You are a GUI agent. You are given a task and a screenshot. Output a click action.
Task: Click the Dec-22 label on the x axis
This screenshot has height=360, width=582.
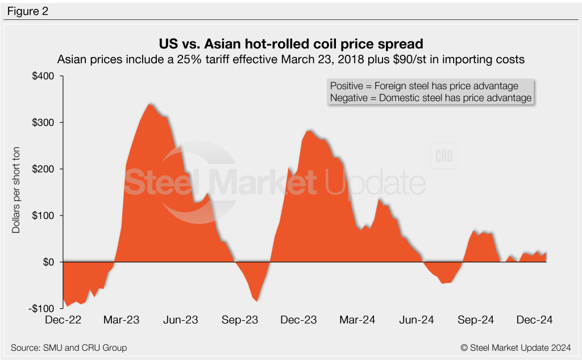tap(63, 320)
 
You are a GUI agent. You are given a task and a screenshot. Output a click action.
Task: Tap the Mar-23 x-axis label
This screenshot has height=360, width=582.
tap(122, 320)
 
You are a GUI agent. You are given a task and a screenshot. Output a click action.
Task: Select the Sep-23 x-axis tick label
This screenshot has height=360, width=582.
tap(239, 320)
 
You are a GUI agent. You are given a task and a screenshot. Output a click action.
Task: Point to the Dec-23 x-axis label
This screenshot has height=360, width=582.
tap(298, 320)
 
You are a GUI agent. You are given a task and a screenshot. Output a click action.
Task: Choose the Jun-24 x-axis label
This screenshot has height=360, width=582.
tap(416, 320)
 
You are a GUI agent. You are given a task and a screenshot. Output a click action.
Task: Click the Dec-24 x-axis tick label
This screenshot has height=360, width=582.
tap(534, 320)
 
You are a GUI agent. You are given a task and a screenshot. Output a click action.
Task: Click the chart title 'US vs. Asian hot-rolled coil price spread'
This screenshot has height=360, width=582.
tap(290, 44)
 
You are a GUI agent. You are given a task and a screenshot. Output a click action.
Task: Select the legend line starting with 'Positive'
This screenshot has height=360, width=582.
tap(424, 86)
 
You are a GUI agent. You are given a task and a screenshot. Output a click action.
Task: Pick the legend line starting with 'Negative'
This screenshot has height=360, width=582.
tap(430, 98)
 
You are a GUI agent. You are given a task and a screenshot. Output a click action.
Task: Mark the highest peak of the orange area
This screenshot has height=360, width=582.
tap(149, 104)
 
